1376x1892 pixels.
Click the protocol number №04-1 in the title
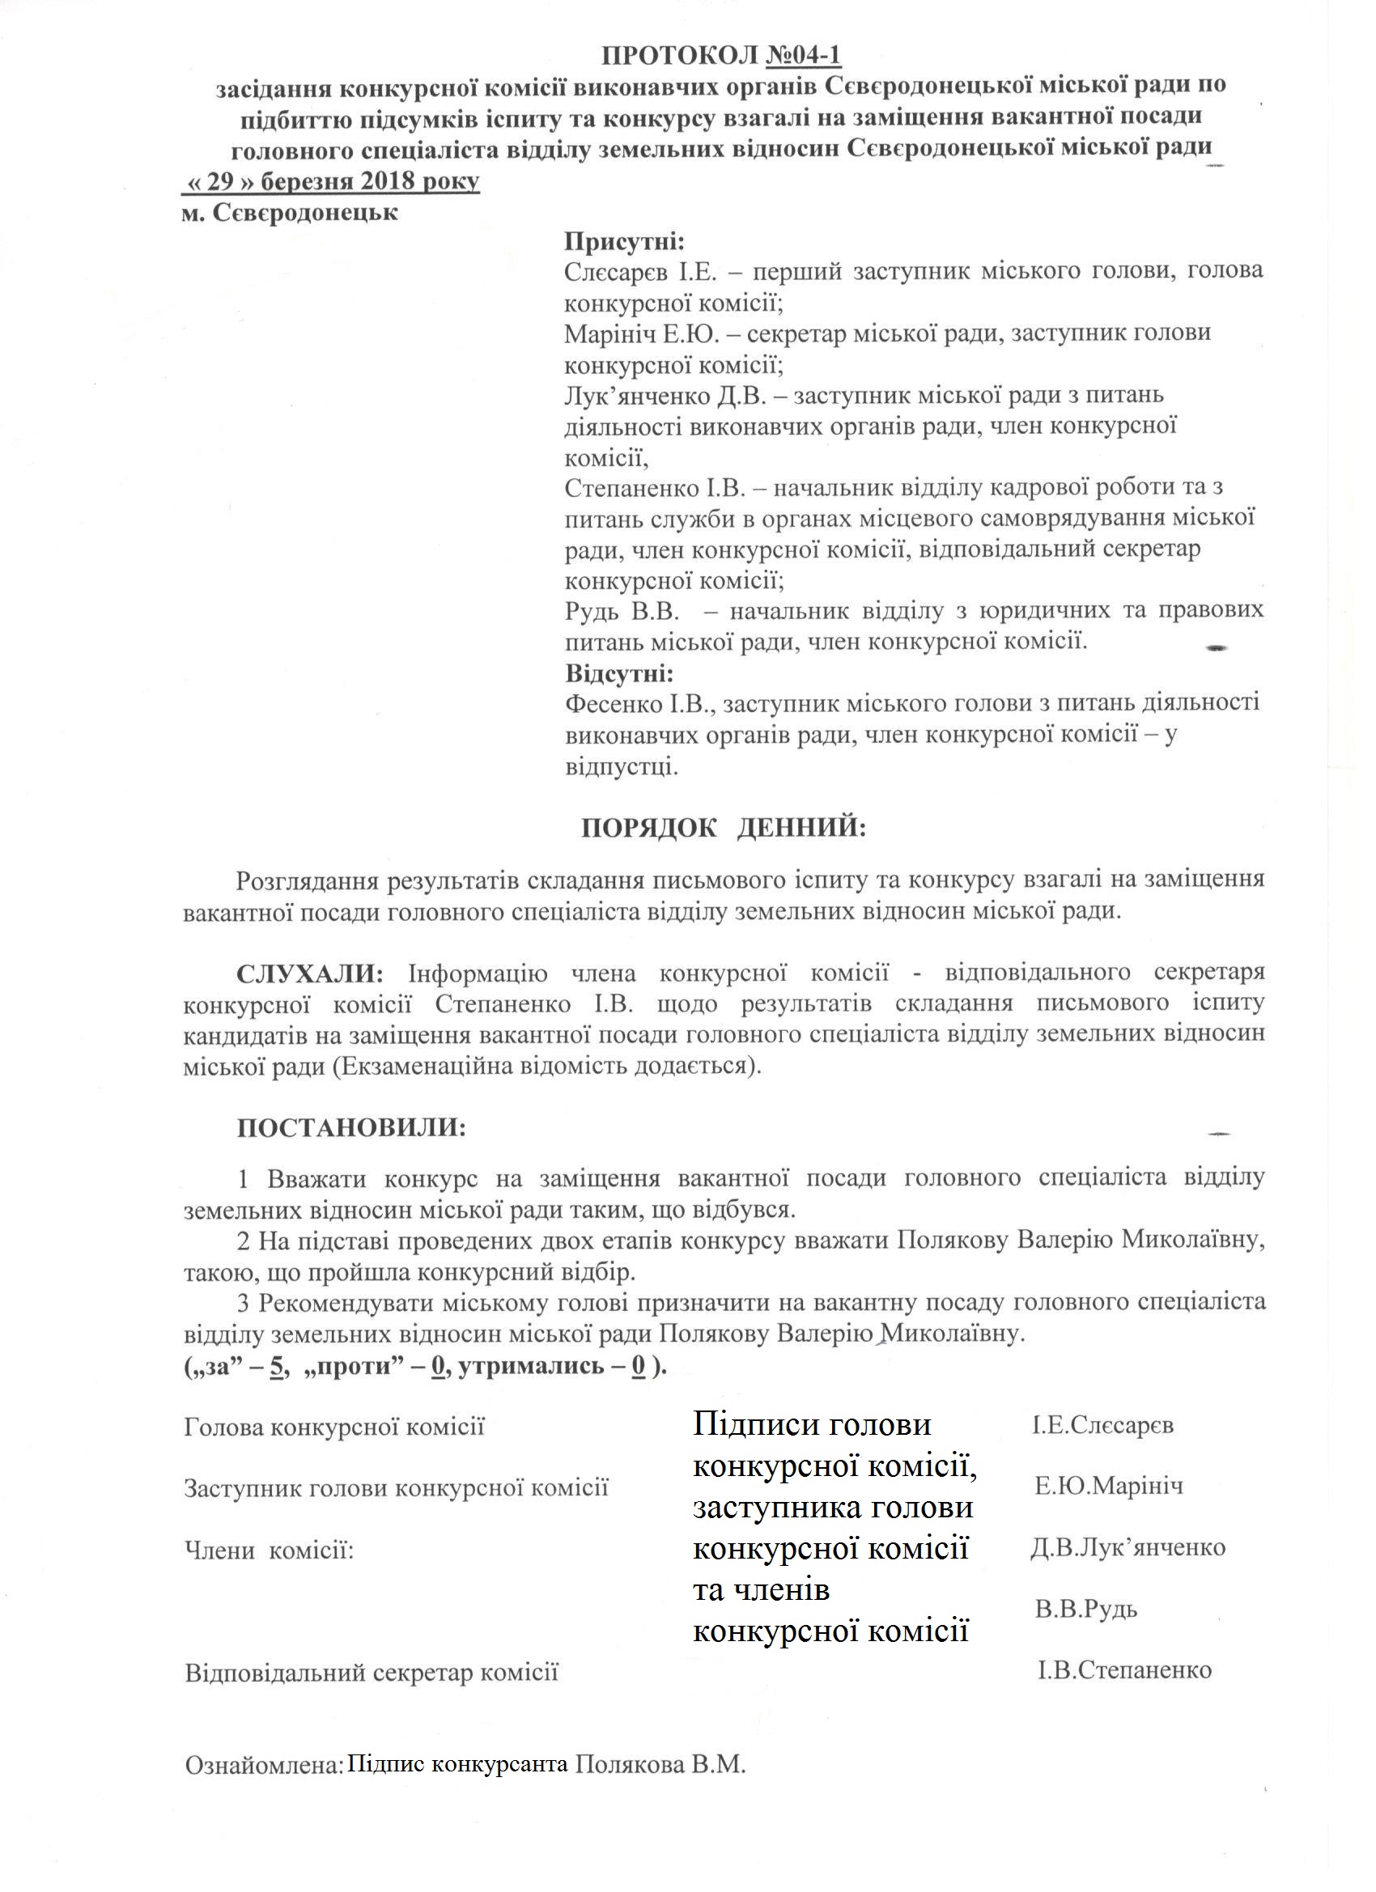tap(803, 55)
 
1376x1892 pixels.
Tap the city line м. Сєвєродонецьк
tap(290, 213)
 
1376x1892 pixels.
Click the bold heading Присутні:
tap(624, 242)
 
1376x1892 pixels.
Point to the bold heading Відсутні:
tap(619, 672)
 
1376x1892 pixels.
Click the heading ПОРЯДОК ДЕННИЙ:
tap(724, 828)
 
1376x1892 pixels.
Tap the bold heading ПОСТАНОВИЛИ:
tap(351, 1129)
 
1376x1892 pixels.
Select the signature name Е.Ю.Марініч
tap(1108, 1486)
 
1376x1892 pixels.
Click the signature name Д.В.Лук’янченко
tap(1128, 1547)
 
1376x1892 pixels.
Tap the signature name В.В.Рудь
tap(1085, 1609)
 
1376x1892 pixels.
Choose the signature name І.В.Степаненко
tap(1123, 1670)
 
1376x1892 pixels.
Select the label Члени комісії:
tap(269, 1550)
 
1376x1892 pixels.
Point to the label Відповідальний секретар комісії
tap(372, 1673)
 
